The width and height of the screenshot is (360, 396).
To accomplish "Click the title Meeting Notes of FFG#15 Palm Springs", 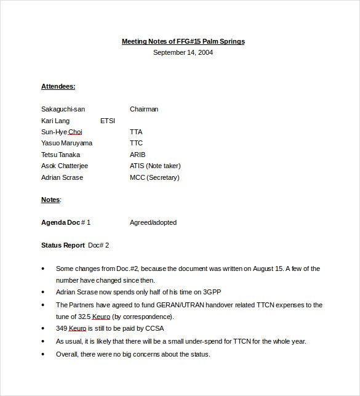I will click(183, 41).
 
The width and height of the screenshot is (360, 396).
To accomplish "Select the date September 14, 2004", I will click(183, 52).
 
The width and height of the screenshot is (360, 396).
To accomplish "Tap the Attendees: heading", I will click(58, 86).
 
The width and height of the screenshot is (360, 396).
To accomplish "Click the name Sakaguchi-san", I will click(63, 109).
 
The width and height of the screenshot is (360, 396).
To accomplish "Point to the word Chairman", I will click(144, 109).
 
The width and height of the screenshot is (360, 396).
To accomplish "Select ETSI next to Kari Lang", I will click(108, 121).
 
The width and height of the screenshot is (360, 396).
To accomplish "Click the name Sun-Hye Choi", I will click(62, 132).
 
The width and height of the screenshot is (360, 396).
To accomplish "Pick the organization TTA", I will click(136, 132).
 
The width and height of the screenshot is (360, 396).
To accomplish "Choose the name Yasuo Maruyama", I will click(67, 143).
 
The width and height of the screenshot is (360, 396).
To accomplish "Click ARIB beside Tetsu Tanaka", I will click(138, 155).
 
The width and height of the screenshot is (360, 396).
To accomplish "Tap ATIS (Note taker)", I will click(155, 166).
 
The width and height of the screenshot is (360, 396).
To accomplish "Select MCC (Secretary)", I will click(154, 177).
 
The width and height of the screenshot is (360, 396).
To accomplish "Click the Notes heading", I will click(50, 200).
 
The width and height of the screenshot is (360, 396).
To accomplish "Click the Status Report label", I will click(63, 245).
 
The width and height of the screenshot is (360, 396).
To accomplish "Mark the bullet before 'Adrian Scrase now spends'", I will click(43, 293).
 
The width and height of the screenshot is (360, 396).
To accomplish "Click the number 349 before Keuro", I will click(61, 328).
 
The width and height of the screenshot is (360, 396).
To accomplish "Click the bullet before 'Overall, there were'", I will click(43, 354).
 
